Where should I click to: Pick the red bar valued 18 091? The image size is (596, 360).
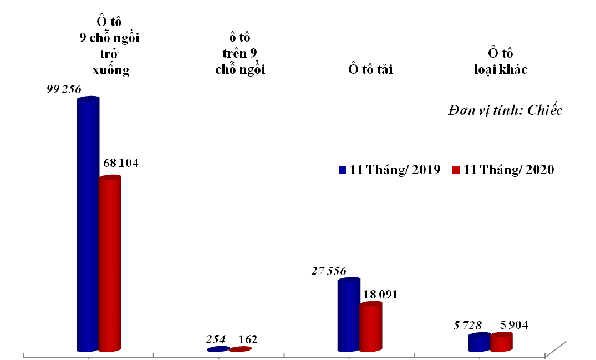point(370,327)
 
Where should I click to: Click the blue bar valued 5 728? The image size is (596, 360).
point(479,343)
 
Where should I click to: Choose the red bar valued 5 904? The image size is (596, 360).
point(501,342)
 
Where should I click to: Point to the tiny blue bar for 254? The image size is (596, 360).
point(218,349)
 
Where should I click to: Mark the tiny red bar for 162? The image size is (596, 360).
point(240,349)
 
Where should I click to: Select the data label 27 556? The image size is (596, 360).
point(328,271)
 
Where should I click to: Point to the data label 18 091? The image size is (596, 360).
point(379,295)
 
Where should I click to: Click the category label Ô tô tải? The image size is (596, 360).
point(370,69)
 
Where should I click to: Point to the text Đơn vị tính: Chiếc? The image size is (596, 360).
point(505,110)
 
